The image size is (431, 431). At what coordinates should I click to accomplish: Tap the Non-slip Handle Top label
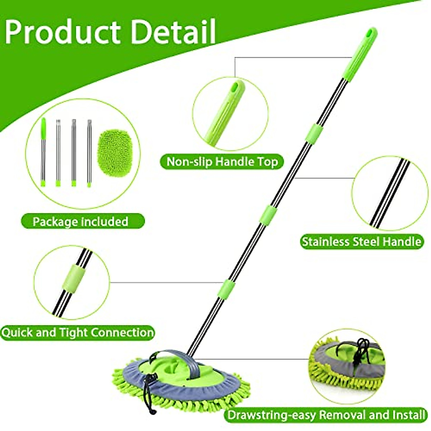pyautogui.click(x=222, y=162)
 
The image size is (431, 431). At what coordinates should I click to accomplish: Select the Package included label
pyautogui.click(x=80, y=221)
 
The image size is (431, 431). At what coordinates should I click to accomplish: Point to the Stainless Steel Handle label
pyautogui.click(x=361, y=241)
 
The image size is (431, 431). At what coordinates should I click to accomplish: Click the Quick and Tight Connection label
pyautogui.click(x=78, y=332)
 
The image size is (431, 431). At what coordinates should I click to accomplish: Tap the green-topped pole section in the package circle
pyautogui.click(x=43, y=151)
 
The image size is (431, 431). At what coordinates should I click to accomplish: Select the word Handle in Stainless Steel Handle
pyautogui.click(x=401, y=241)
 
